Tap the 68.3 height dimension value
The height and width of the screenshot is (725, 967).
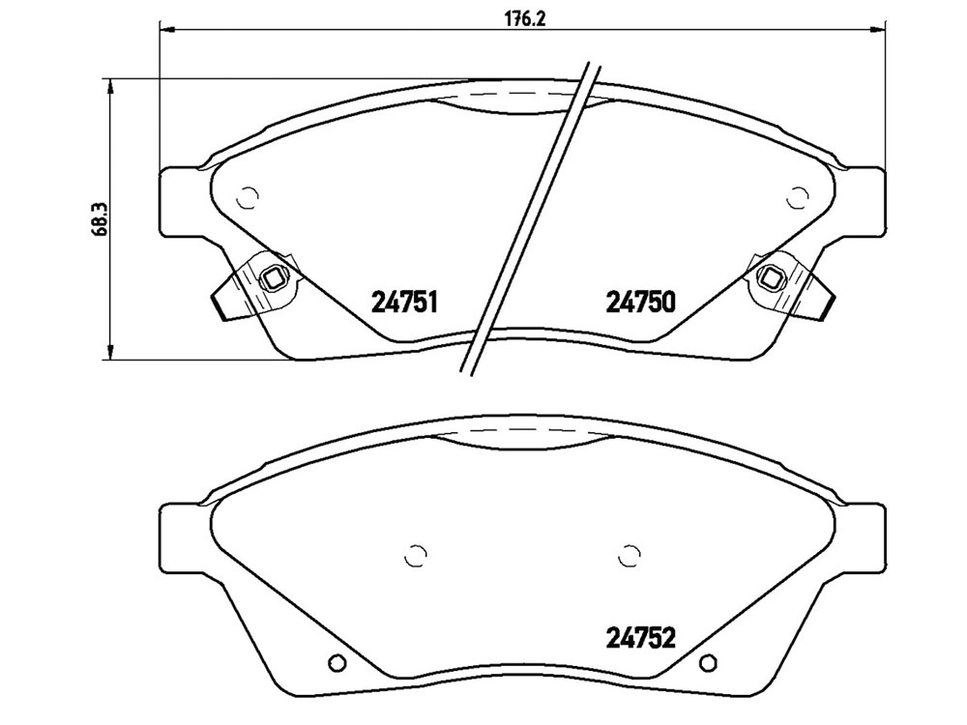[100, 218]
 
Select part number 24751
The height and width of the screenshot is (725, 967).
[404, 302]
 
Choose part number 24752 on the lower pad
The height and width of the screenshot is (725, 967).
[641, 637]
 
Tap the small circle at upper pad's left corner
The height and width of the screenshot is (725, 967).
[248, 198]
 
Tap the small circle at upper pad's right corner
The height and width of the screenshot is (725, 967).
[799, 198]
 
